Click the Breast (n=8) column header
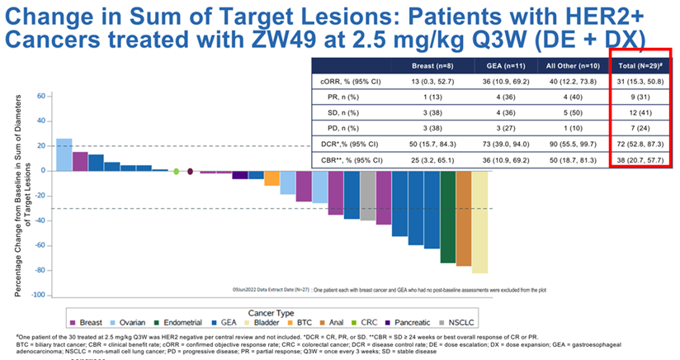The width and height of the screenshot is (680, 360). pyautogui.click(x=432, y=64)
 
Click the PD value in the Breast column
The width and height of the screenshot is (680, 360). pyautogui.click(x=432, y=127)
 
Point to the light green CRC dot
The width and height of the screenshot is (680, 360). pyautogui.click(x=176, y=171)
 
